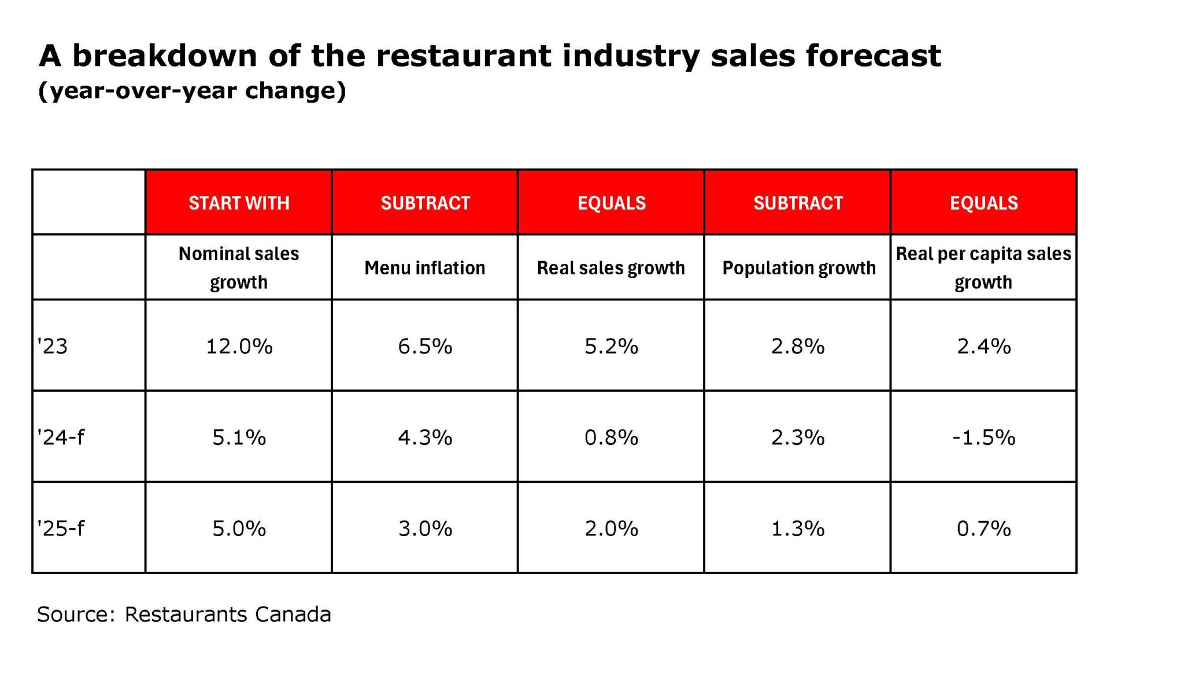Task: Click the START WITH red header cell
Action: pos(239,203)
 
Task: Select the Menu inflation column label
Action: pos(425,267)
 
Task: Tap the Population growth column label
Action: pos(798,267)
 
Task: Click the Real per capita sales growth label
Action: pos(983,267)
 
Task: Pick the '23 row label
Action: pos(53,346)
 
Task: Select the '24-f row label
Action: pos(61,437)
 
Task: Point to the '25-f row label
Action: pos(61,528)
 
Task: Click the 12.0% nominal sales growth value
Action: pos(239,346)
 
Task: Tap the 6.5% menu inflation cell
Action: pos(425,346)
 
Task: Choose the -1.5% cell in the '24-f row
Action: pos(983,437)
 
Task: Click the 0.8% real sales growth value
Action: pos(611,437)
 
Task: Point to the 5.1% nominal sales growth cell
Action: pos(239,437)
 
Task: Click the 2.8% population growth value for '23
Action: pos(798,346)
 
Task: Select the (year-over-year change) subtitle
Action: pos(192,91)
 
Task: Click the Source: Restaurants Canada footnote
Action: pos(184,614)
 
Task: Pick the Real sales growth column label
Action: pos(611,267)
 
